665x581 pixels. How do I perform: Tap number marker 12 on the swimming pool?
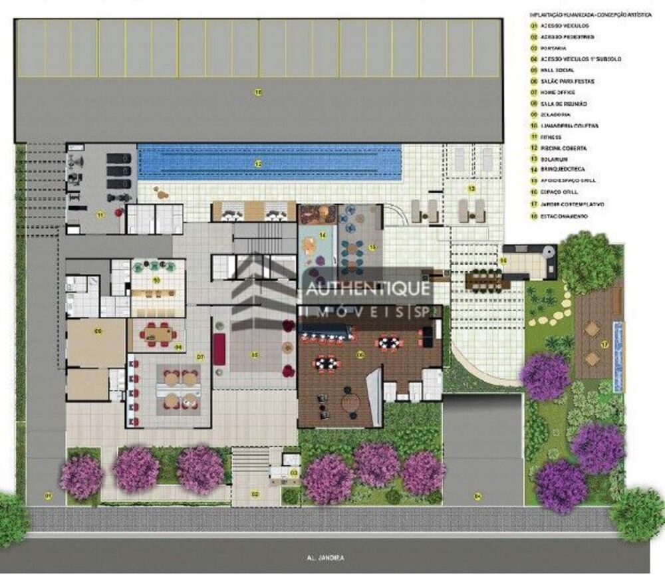(257, 163)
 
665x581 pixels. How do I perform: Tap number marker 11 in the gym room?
(99, 215)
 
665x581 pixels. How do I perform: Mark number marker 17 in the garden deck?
(604, 344)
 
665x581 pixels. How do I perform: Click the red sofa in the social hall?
(219, 349)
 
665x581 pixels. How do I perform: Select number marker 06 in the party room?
(360, 355)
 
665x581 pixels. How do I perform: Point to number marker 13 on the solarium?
(471, 189)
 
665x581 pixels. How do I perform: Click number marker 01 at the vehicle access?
(47, 495)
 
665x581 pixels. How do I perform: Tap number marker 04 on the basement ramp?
(477, 495)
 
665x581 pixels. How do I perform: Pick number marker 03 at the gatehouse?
(293, 471)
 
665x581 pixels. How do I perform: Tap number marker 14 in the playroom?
(323, 235)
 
